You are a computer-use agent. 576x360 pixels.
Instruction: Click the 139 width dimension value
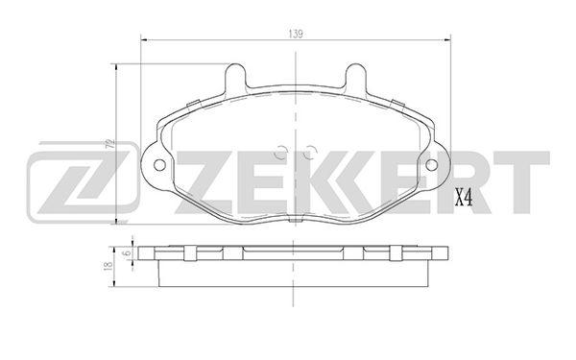pyautogui.click(x=296, y=35)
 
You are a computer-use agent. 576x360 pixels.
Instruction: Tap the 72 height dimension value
pyautogui.click(x=109, y=143)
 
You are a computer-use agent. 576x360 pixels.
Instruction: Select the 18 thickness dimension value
pyautogui.click(x=108, y=267)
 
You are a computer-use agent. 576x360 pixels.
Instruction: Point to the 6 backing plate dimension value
pyautogui.click(x=128, y=253)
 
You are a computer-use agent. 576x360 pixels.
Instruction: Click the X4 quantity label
pyautogui.click(x=464, y=198)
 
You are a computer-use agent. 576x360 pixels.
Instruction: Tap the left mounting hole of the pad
pyautogui.click(x=159, y=165)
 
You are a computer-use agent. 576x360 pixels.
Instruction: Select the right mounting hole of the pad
pyautogui.click(x=432, y=165)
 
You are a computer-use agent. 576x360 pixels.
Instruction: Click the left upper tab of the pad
pyautogui.click(x=235, y=77)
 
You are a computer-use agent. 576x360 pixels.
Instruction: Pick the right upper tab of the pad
pyautogui.click(x=356, y=77)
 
